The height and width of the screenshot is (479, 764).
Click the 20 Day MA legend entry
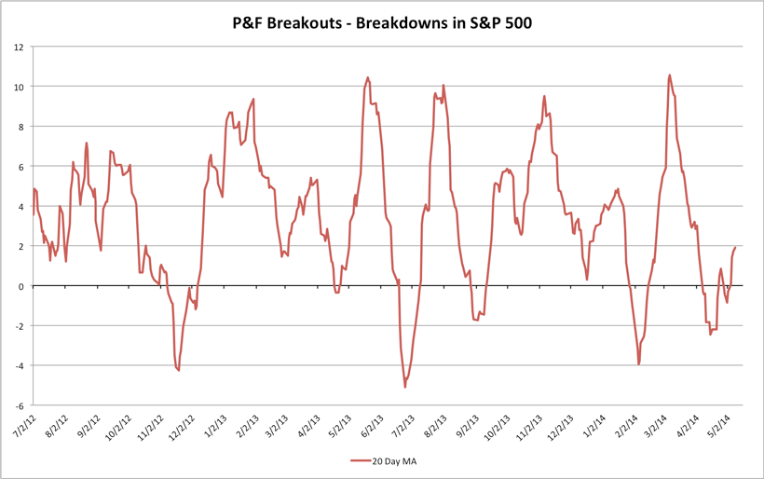(x=389, y=459)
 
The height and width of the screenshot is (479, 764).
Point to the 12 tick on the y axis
(x=18, y=47)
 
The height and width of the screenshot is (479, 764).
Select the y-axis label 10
(x=18, y=87)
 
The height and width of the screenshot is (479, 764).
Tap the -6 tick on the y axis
(x=18, y=406)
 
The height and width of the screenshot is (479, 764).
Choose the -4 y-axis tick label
(x=18, y=366)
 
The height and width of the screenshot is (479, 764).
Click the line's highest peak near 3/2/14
(x=669, y=75)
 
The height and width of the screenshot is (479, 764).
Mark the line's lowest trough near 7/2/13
(x=405, y=387)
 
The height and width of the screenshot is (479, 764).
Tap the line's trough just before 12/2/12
(x=178, y=370)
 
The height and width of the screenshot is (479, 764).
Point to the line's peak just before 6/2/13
(x=368, y=77)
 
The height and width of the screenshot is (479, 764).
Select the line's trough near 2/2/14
(x=638, y=364)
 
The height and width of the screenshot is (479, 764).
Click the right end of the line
(x=735, y=248)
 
